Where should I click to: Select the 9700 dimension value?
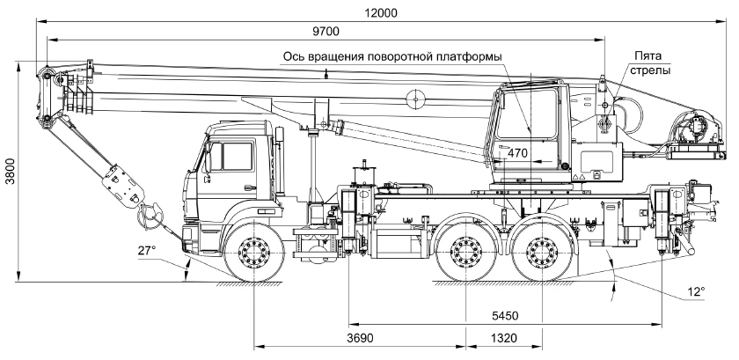pos(327,33)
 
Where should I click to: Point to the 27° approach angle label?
pos(146,251)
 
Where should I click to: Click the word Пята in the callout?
pos(646,55)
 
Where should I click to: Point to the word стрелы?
pos(651,70)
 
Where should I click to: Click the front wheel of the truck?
pos(255,255)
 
